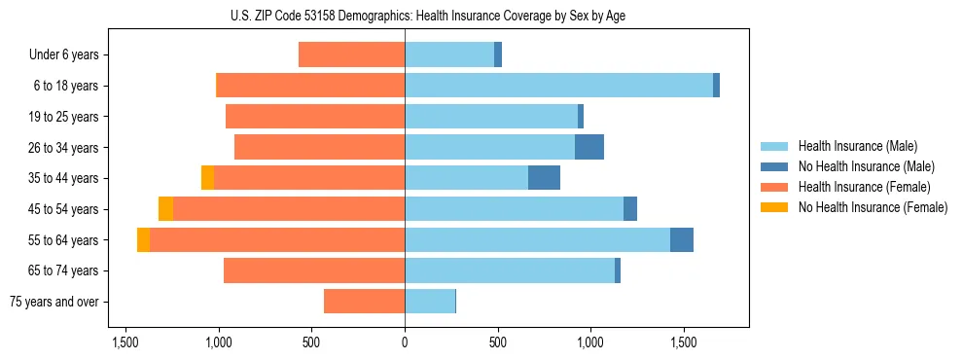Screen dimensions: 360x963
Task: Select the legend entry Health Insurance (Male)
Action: click(x=857, y=146)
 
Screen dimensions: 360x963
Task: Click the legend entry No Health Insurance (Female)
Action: click(x=873, y=207)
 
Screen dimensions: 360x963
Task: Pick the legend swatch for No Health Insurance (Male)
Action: click(x=775, y=166)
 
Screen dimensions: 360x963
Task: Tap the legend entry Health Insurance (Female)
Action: click(x=864, y=187)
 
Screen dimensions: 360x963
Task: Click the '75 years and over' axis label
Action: click(x=54, y=302)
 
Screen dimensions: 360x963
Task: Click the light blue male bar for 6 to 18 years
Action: click(x=558, y=86)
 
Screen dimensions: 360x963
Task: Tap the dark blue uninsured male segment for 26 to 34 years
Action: click(x=589, y=147)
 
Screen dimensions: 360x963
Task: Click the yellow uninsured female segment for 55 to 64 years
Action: click(x=143, y=239)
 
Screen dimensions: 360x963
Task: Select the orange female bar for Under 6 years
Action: click(x=351, y=54)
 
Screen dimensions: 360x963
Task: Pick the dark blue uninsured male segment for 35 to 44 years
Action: click(x=544, y=178)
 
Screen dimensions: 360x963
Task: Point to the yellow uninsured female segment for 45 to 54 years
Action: click(x=165, y=209)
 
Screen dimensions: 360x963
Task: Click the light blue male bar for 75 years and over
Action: click(x=430, y=302)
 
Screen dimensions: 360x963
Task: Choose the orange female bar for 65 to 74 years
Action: click(x=314, y=270)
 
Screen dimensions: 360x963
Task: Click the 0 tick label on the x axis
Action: click(x=405, y=342)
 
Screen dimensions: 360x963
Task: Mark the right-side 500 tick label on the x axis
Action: click(x=497, y=342)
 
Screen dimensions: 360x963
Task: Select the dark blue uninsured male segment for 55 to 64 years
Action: click(x=682, y=239)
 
